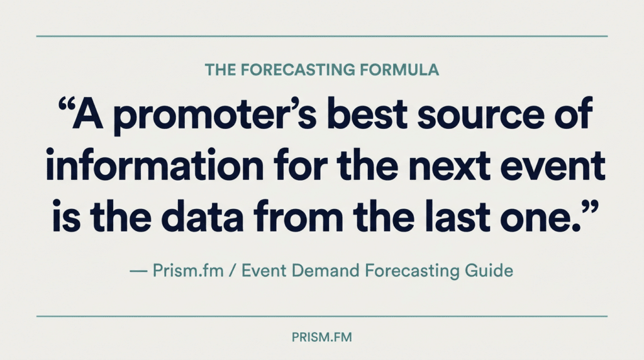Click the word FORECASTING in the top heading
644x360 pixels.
(297, 70)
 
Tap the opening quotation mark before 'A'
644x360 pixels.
(65, 106)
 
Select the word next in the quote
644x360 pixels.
(450, 167)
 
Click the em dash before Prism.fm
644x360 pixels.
(138, 271)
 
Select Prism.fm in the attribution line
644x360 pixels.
(188, 271)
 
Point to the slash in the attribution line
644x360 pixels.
(233, 271)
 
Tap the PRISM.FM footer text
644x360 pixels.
(321, 337)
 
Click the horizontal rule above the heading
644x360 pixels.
(321, 36)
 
